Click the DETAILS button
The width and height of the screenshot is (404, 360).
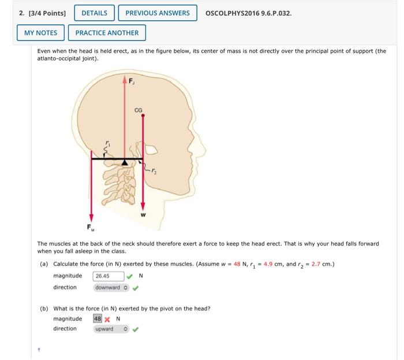(94, 13)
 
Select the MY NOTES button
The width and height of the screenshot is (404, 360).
(40, 33)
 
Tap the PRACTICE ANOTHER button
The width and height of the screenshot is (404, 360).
(107, 33)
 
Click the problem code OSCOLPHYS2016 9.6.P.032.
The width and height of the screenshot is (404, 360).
(248, 13)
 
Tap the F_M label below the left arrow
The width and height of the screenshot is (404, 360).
(90, 227)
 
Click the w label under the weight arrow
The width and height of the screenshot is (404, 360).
(143, 214)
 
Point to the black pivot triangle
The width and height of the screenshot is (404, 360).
(125, 162)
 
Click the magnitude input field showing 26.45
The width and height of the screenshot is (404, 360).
(109, 276)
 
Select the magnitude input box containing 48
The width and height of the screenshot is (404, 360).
(98, 318)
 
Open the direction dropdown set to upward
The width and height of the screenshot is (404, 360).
(111, 329)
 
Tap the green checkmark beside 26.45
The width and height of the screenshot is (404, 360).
(130, 276)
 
